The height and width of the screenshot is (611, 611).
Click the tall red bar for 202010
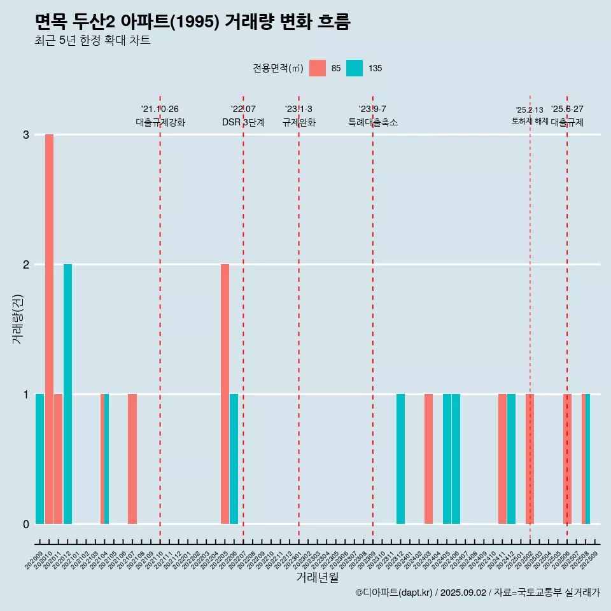(49, 328)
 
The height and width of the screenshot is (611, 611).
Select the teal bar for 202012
(67, 393)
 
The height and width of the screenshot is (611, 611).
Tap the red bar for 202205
(225, 393)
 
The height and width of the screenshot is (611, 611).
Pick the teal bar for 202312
(400, 459)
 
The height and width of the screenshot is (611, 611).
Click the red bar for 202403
(428, 459)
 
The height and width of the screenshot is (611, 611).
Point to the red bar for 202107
(132, 459)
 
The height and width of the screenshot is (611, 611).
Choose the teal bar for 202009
(39, 459)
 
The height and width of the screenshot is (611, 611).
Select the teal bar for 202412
(511, 459)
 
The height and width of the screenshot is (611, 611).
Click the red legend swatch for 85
(317, 68)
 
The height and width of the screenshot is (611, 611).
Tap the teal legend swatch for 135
(355, 68)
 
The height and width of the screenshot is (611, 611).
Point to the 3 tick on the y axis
(26, 135)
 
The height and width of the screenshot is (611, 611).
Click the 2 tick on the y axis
(26, 264)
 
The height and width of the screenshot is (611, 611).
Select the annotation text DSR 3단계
(243, 122)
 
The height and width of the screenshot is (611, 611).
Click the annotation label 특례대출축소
(373, 122)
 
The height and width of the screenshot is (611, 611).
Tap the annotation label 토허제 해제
(530, 120)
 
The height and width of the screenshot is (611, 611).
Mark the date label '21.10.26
(160, 109)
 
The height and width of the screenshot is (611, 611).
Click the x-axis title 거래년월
(317, 577)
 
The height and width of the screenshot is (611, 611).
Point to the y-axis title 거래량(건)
(17, 318)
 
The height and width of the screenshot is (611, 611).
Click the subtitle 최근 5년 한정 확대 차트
(92, 41)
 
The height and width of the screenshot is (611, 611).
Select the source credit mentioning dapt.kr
(477, 593)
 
